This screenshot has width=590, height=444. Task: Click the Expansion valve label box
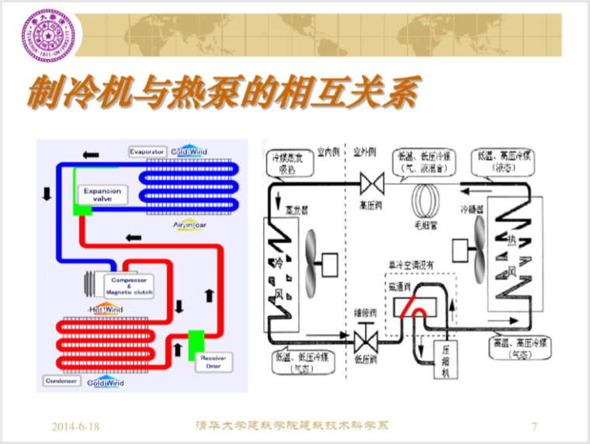[98, 194]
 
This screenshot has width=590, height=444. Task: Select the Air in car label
[189, 224]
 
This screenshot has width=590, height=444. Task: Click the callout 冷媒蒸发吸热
[289, 161]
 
